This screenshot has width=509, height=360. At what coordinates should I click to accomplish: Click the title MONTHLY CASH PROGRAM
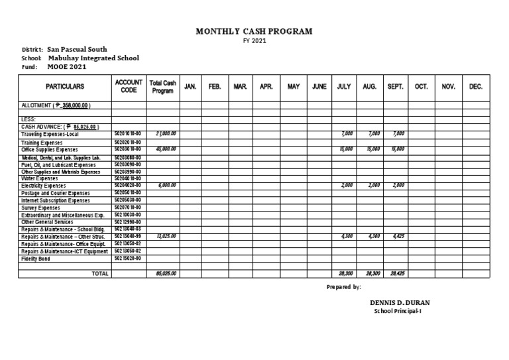[254, 31]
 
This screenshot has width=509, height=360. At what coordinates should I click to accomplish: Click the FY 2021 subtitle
[254, 41]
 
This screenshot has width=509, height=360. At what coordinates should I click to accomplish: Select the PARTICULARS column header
[64, 87]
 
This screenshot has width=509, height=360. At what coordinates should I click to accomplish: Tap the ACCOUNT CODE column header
[129, 87]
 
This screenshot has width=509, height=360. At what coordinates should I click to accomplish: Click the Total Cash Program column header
[163, 87]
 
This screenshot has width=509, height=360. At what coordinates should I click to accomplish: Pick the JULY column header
[343, 87]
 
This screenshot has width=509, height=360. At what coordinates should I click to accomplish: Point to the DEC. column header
[476, 87]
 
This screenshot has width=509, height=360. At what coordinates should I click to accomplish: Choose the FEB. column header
[215, 87]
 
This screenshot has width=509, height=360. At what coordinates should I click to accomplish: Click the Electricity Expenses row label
[44, 186]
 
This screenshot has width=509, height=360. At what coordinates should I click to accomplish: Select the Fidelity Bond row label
[35, 259]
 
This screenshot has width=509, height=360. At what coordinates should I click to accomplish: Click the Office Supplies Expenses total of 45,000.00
[166, 150]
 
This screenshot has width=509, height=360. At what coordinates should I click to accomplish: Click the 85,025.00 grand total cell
[165, 273]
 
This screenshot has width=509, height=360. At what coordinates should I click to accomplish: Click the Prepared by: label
[344, 287]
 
